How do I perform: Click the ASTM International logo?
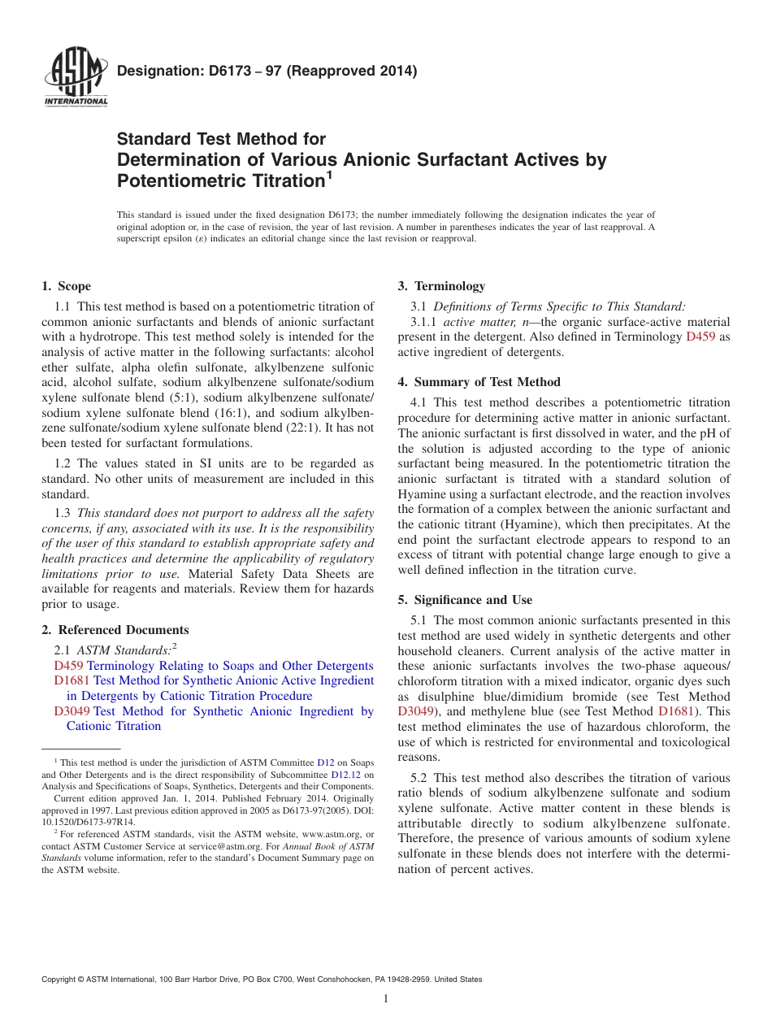[x=76, y=78]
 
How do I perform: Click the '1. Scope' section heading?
[x=66, y=286]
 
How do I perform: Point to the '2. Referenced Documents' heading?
[x=115, y=630]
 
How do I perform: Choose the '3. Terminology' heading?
[x=441, y=286]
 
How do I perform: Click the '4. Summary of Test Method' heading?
[x=479, y=382]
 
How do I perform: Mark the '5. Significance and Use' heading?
[x=465, y=600]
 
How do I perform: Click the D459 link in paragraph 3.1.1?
[x=700, y=337]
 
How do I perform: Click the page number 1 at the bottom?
[x=386, y=999]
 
